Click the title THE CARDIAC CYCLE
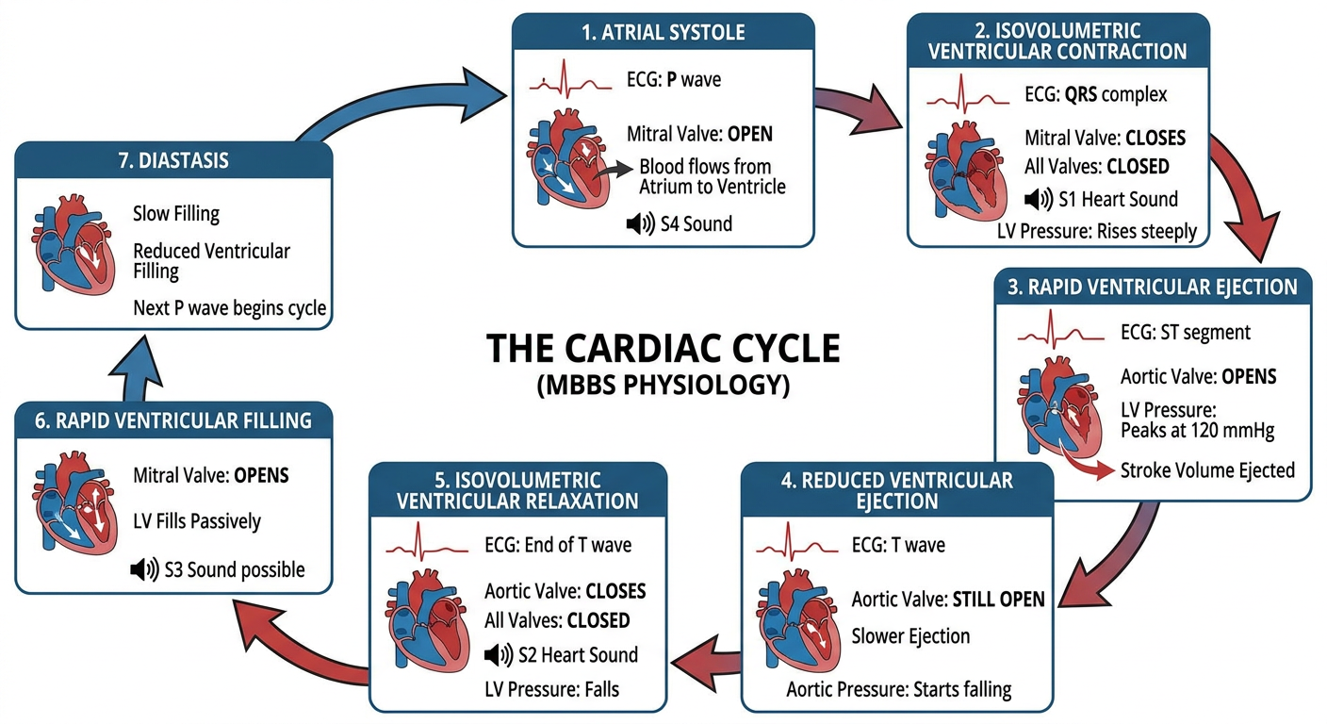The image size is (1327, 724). (663, 348)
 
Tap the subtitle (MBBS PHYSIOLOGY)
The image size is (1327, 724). (663, 386)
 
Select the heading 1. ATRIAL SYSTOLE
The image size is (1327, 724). (663, 32)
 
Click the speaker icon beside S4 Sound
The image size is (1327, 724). (640, 224)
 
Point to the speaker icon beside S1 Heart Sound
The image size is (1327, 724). (1039, 199)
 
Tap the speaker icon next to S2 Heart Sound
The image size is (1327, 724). (499, 654)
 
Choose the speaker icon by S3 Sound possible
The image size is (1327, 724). (144, 569)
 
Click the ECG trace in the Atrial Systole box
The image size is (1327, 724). (570, 79)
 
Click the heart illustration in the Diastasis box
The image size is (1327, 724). (74, 244)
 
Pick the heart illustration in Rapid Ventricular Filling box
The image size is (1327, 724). (75, 503)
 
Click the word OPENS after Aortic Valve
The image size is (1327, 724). (1249, 377)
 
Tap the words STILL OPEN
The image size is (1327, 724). (998, 600)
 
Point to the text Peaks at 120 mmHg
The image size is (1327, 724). (1197, 431)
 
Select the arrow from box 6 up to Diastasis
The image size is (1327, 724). (135, 369)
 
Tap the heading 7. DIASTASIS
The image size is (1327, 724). (173, 160)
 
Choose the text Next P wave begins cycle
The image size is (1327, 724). (230, 308)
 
